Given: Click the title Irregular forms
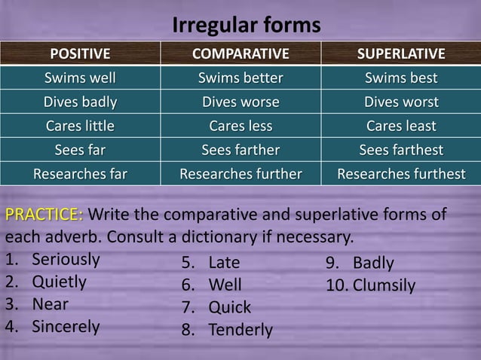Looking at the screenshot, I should click(x=247, y=25).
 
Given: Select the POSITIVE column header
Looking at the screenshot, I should click(x=80, y=54).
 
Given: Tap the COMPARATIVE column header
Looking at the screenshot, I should click(x=240, y=54).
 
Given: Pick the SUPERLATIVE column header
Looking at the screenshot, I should click(x=400, y=54).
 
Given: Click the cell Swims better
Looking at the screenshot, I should click(x=240, y=78).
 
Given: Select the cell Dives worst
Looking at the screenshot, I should click(x=400, y=102).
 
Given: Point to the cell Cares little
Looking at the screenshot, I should click(x=80, y=126).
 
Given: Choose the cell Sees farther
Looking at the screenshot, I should click(x=240, y=150).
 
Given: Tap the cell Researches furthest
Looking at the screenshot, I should click(x=400, y=175).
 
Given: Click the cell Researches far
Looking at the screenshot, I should click(x=80, y=175).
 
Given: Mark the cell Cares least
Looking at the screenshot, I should click(x=400, y=126).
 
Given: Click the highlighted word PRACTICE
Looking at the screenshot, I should click(x=44, y=215).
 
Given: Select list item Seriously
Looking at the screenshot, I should click(x=66, y=260).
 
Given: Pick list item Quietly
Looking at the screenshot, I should click(x=59, y=282).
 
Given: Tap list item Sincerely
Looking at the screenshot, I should click(x=66, y=327).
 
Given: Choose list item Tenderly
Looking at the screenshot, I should click(x=240, y=330).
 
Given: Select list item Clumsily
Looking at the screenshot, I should click(x=384, y=285).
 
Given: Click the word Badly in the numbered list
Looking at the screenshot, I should click(x=373, y=264).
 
